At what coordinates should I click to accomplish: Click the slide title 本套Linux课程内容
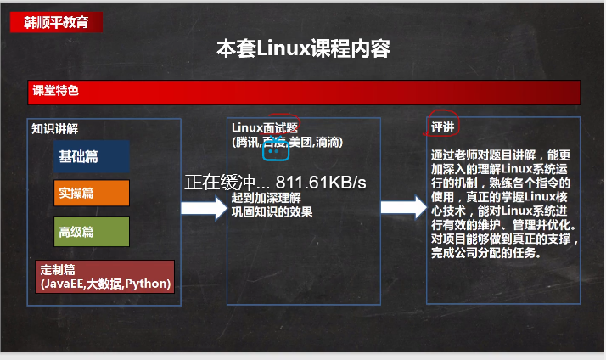click(303, 49)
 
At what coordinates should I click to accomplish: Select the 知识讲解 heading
click(55, 129)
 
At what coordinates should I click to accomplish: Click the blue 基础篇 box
click(91, 157)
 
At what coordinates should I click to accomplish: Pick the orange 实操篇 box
click(91, 193)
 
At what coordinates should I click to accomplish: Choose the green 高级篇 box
click(91, 231)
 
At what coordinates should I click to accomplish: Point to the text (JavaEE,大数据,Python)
click(105, 284)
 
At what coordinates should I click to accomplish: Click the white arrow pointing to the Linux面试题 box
click(199, 207)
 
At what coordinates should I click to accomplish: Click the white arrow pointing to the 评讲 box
click(402, 207)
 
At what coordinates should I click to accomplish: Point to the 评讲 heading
click(442, 127)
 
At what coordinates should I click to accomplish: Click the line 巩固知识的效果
click(272, 211)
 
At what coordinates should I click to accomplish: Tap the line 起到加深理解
click(265, 198)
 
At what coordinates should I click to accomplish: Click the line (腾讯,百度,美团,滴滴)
click(287, 141)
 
